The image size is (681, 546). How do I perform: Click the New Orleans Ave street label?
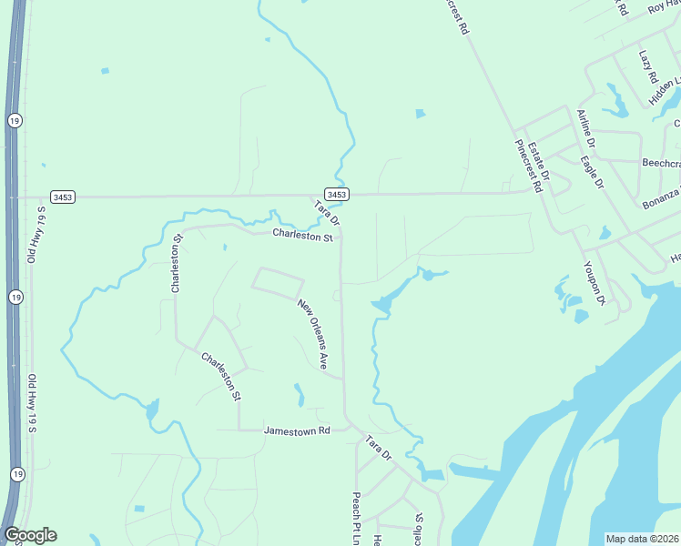pyautogui.click(x=312, y=334)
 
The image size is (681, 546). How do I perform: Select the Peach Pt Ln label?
pyautogui.click(x=357, y=519)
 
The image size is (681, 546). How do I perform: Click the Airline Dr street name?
pyautogui.click(x=586, y=129)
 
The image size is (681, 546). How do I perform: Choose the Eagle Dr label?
pyautogui.click(x=593, y=171)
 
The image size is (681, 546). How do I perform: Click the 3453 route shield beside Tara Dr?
pyautogui.click(x=337, y=195)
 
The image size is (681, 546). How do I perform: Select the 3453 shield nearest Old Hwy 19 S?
pyautogui.click(x=63, y=197)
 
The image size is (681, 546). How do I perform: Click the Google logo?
pyautogui.click(x=30, y=535)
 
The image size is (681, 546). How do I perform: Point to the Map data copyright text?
pyautogui.click(x=643, y=539)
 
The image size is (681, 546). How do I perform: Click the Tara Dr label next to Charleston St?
pyautogui.click(x=327, y=214)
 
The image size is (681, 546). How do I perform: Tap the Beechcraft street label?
pyautogui.click(x=661, y=162)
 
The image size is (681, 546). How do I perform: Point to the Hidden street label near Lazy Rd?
pyautogui.click(x=665, y=88)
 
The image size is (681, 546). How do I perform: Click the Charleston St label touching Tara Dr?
pyautogui.click(x=303, y=235)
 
